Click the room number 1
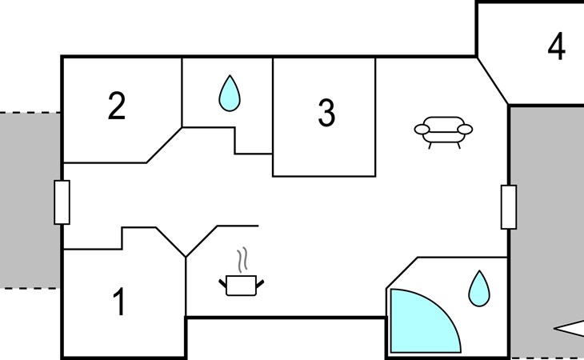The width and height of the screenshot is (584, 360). pyautogui.click(x=119, y=302)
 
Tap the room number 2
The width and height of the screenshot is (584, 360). pyautogui.click(x=117, y=106)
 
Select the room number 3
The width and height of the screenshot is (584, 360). pyautogui.click(x=326, y=113)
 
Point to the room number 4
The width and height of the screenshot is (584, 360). pyautogui.click(x=557, y=46)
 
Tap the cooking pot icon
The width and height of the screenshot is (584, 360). pyautogui.click(x=242, y=286)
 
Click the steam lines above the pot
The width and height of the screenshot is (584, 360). pyautogui.click(x=242, y=260)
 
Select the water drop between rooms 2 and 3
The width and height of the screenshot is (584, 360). pyautogui.click(x=230, y=93)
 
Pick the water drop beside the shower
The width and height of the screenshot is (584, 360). pyautogui.click(x=479, y=289)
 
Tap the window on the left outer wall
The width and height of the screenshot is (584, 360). pyautogui.click(x=62, y=202)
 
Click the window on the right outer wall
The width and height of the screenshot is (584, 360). pyautogui.click(x=509, y=207)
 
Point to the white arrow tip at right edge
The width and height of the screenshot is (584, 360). pyautogui.click(x=554, y=328)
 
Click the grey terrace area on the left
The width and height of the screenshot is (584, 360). pyautogui.click(x=30, y=200)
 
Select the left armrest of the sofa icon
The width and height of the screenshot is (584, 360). pyautogui.click(x=422, y=129)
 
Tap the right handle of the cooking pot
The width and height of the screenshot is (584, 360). pyautogui.click(x=260, y=284)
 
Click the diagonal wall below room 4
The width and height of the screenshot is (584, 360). pyautogui.click(x=492, y=81)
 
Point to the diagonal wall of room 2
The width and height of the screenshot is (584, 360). pyautogui.click(x=164, y=145)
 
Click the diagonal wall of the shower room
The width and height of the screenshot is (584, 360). pyautogui.click(x=402, y=273)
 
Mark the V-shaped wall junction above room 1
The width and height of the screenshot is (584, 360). pyautogui.click(x=186, y=257)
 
